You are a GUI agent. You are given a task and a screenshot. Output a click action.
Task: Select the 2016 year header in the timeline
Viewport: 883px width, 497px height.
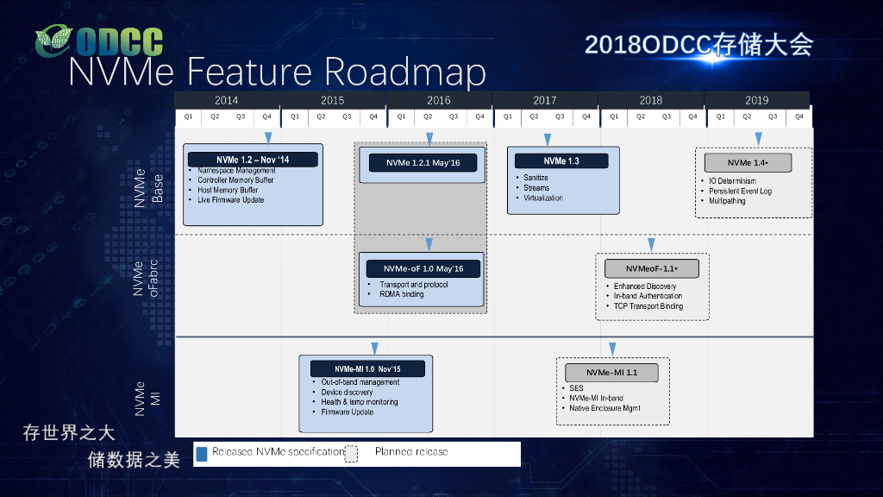(x=438, y=100)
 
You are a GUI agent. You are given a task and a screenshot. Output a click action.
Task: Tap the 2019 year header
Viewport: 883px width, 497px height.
(x=756, y=100)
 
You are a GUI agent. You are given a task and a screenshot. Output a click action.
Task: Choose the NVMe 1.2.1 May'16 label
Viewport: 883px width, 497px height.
(x=423, y=163)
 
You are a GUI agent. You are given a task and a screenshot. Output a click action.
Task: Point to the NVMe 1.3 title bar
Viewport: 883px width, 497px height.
(x=561, y=161)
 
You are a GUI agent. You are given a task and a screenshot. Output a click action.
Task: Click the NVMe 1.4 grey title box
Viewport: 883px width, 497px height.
(x=747, y=162)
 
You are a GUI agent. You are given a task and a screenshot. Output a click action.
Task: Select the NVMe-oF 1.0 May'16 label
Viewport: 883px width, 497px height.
(x=423, y=268)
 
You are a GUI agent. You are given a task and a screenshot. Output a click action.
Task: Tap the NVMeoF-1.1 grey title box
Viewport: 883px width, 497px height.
(x=651, y=268)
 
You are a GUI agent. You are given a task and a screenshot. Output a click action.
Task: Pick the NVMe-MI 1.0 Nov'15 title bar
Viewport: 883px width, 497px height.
(x=367, y=369)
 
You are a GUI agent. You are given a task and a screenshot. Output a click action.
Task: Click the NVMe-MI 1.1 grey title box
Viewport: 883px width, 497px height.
(x=611, y=373)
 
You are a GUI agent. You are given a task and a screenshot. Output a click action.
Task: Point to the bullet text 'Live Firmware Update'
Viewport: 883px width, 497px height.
(x=230, y=200)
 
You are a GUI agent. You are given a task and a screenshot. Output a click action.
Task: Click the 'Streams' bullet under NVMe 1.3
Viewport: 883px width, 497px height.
(x=536, y=188)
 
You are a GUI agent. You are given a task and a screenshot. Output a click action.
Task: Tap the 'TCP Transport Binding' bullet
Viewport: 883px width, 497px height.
(x=648, y=306)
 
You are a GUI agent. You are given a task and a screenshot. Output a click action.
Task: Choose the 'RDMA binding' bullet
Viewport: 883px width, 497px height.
(x=402, y=294)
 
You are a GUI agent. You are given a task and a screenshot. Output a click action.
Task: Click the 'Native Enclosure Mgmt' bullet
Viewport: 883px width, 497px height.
(x=604, y=408)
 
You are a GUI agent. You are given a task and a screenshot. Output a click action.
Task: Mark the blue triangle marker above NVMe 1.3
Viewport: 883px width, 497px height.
(x=547, y=139)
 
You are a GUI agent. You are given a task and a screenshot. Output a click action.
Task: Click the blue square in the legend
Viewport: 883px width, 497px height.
(x=201, y=454)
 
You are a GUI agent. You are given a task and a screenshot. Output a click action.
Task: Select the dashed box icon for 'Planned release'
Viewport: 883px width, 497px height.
(x=351, y=454)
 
